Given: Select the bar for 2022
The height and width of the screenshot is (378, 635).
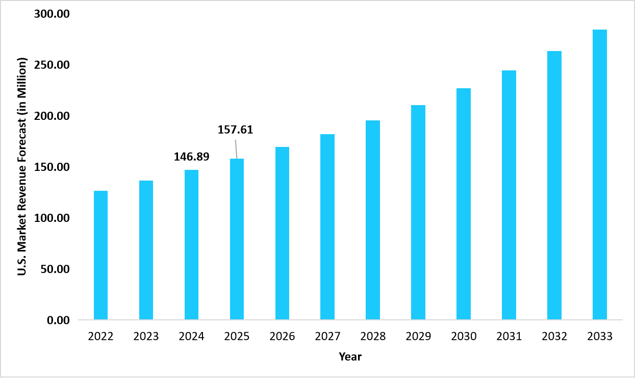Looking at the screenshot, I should pos(100,255).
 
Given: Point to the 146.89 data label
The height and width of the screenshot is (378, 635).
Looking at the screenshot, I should pos(191,157).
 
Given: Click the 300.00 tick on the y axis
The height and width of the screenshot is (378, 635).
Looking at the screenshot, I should pos(52,14).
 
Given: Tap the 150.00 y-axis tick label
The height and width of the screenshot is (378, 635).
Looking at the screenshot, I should pos(52,167).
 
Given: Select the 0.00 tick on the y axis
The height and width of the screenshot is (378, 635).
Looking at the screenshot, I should pos(58,320).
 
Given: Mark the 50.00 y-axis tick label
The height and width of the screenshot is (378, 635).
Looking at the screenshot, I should pos(55,269).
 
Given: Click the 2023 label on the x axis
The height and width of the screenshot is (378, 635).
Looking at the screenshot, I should pos(146,337).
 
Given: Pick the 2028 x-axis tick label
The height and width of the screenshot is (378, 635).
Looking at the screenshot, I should pos(373,337).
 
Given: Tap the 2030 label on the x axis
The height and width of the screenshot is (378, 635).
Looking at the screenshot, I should pos(464,337).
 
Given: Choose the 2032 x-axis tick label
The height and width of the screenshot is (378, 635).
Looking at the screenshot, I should pos(554,337).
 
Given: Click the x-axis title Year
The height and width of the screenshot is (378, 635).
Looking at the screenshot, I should pos(350,357).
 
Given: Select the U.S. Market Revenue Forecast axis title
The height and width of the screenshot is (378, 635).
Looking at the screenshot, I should pos(22,167).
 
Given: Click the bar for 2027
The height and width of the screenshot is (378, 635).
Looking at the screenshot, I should pos(327,227).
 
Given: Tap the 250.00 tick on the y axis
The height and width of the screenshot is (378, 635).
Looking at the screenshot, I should pos(52,65).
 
